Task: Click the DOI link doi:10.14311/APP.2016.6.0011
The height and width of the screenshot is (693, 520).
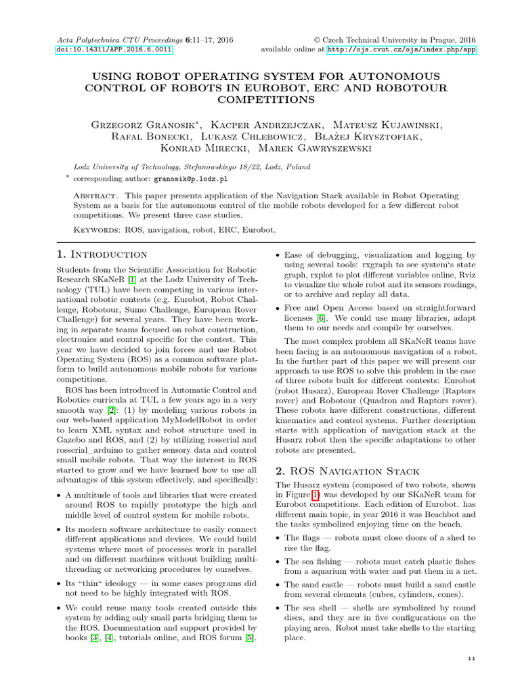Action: tap(114, 50)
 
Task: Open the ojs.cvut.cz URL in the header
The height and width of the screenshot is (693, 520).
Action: tap(401, 50)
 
